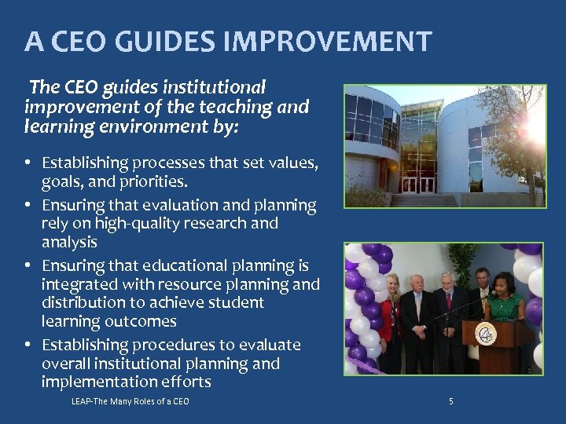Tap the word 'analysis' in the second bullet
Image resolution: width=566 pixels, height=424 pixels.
click(69, 242)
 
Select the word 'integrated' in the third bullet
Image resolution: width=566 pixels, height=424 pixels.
click(79, 283)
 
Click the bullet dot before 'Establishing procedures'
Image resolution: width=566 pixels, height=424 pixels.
click(27, 345)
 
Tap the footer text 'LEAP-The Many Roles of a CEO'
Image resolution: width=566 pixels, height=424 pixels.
click(130, 402)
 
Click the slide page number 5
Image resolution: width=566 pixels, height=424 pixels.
click(450, 402)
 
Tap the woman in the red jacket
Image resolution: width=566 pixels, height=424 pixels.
click(391, 314)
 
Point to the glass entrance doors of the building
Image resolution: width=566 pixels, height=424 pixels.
click(417, 184)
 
